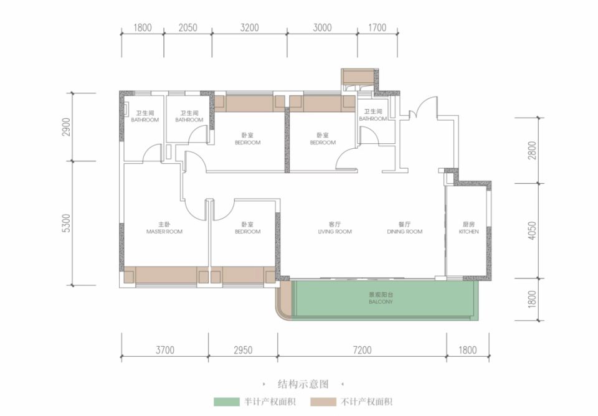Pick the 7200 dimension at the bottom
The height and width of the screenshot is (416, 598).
(362, 350)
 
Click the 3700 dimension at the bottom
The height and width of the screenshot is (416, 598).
(164, 350)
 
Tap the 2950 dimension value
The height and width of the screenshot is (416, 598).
(243, 350)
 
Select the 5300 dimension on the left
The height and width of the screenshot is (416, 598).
(67, 223)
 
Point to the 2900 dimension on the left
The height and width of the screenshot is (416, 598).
(67, 127)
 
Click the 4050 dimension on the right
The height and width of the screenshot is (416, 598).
(532, 230)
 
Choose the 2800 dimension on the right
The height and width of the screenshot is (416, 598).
(532, 150)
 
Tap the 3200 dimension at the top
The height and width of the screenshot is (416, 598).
(249, 27)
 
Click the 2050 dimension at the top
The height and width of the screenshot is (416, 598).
(188, 27)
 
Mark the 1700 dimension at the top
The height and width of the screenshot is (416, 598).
(377, 27)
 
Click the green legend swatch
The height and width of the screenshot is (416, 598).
(227, 402)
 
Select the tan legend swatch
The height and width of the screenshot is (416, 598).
(323, 402)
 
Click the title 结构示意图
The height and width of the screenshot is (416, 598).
(303, 384)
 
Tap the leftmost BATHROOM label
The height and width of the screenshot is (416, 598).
(145, 116)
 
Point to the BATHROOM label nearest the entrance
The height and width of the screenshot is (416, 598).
(373, 115)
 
